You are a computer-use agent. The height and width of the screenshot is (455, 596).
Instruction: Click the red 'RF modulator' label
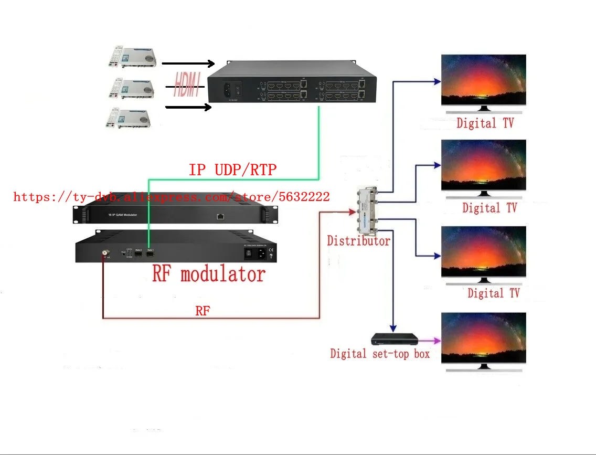point(209,274)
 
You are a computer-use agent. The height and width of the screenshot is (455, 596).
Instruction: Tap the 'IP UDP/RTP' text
point(232,170)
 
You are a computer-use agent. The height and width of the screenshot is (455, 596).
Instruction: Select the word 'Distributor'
point(358,241)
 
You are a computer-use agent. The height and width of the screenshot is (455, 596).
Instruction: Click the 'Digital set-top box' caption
point(380,354)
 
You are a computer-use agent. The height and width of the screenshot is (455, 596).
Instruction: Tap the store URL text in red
point(172,197)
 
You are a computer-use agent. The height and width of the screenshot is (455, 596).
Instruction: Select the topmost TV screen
point(483,80)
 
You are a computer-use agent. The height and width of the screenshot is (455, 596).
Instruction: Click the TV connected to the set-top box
point(483,338)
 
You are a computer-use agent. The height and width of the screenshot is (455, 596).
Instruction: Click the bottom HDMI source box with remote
point(129,118)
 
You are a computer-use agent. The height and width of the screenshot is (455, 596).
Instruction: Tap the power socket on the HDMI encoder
point(228,88)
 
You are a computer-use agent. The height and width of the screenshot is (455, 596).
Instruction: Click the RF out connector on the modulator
point(105,253)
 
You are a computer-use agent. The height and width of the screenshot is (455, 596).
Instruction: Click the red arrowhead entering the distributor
point(352,211)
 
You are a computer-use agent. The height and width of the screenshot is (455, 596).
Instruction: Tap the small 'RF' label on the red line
point(202,311)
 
